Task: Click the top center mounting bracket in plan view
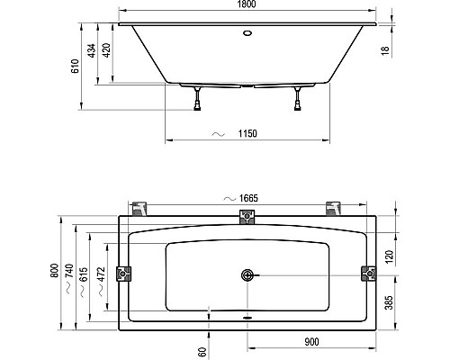pos(246,216)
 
